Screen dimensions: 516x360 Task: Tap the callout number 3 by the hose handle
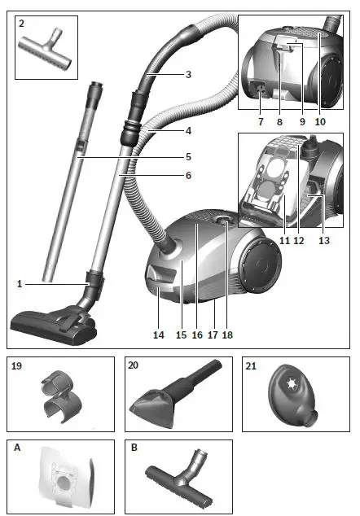coord(188,75)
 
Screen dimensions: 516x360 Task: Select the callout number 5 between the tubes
coord(188,156)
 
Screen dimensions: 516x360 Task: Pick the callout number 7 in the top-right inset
coord(260,120)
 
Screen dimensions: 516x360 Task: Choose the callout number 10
coord(320,120)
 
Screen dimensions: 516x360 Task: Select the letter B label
coord(135,447)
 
